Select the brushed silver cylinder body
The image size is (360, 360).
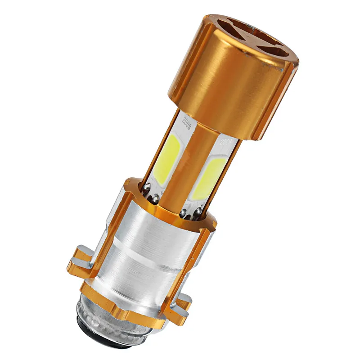[148, 252]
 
